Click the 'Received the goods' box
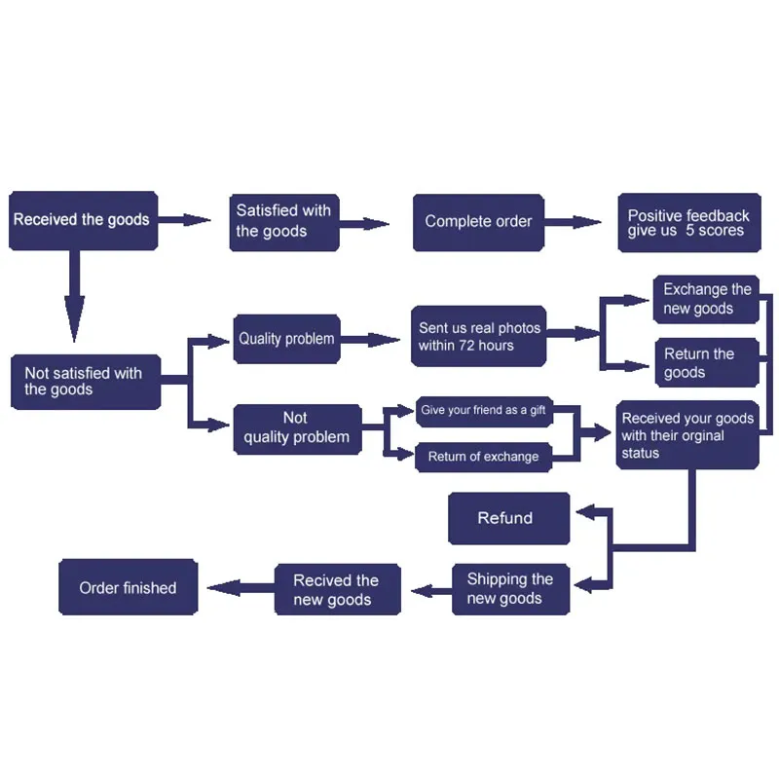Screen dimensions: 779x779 click(84, 220)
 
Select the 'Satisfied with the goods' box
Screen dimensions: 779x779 click(284, 222)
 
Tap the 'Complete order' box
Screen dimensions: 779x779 click(478, 222)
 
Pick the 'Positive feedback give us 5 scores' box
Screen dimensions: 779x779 click(689, 223)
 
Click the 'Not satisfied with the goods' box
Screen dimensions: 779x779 click(86, 382)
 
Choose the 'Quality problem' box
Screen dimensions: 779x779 click(286, 339)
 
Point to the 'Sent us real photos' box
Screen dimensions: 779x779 click(478, 336)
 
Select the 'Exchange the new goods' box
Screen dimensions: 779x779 click(706, 299)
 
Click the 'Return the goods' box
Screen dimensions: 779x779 click(707, 362)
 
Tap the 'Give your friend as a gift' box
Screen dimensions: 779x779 click(484, 411)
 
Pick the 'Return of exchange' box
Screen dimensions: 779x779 click(483, 457)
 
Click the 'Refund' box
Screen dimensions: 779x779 click(508, 518)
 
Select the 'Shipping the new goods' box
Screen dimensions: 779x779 click(510, 589)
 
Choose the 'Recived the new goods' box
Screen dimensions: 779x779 click(337, 589)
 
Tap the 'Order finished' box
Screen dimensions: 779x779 click(129, 587)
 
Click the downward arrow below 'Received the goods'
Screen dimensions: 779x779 click(75, 296)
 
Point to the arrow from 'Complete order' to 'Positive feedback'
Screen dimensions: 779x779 click(573, 222)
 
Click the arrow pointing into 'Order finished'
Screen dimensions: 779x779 click(241, 588)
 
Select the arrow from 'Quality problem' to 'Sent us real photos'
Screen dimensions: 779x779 click(370, 340)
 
